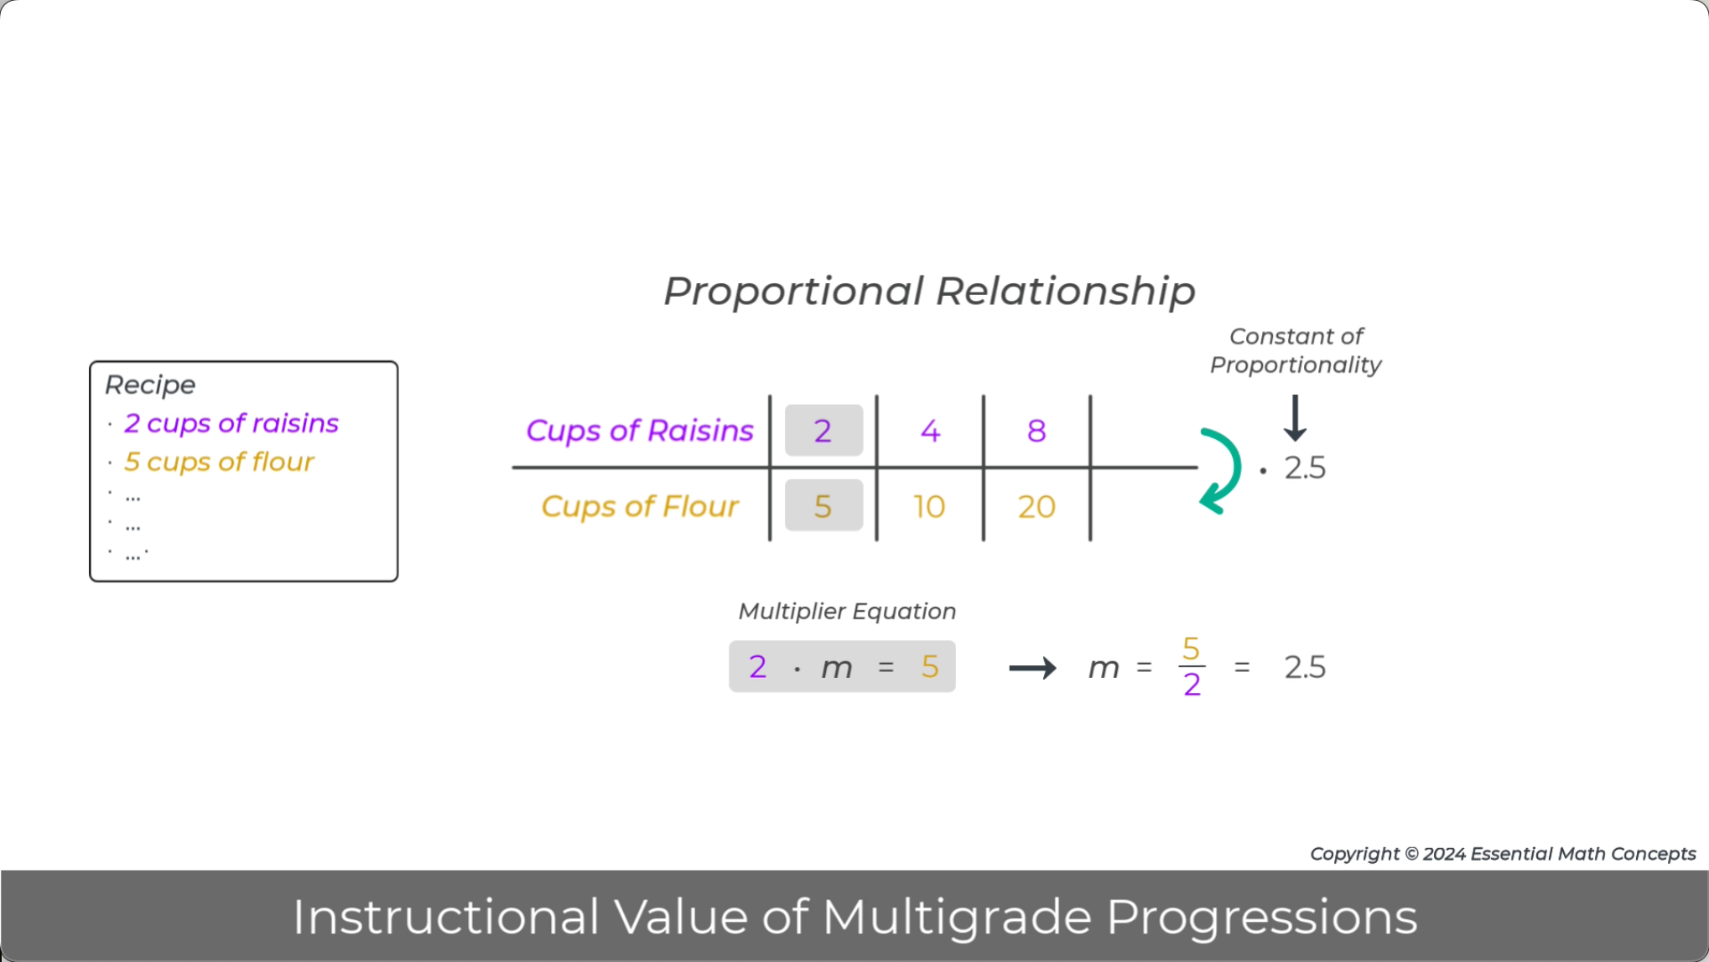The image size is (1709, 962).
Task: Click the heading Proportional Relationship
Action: coord(929,292)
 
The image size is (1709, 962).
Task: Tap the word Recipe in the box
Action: coord(150,385)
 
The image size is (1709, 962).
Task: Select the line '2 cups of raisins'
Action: coord(231,423)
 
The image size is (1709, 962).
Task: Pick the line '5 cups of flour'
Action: coord(219,462)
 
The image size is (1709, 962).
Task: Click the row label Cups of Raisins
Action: coord(639,431)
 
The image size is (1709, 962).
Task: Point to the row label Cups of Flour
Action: coord(639,506)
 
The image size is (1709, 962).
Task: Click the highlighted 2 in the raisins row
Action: coord(823,431)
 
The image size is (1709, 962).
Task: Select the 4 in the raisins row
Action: coord(930,431)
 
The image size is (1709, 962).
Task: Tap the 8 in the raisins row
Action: coord(1036,431)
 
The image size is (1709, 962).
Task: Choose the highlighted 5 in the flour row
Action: coord(823,506)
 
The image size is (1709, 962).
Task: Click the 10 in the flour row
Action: coord(929,506)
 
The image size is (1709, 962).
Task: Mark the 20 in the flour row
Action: coord(1036,506)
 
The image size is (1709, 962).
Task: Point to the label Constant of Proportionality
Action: coord(1296,350)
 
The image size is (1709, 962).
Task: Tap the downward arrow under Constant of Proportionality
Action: coord(1295,418)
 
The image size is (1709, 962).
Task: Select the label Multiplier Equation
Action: coord(847,611)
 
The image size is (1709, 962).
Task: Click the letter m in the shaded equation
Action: coord(836,668)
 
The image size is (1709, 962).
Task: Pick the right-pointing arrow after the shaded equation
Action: coord(1032,668)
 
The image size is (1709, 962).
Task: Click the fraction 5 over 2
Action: coord(1192,667)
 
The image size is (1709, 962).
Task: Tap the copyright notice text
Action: coord(1503,853)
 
